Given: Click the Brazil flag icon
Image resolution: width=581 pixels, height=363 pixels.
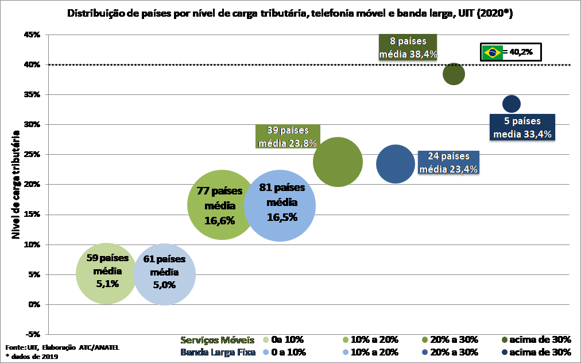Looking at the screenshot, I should point(491,52).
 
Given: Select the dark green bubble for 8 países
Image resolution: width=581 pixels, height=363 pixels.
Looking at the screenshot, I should point(454,74).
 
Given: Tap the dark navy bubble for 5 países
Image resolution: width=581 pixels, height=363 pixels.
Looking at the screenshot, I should point(511,104).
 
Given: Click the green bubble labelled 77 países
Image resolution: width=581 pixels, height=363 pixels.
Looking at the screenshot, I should point(222,205).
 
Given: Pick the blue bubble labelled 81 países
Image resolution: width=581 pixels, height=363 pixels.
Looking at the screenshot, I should point(280,205).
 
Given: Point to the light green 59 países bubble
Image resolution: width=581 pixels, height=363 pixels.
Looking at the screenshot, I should point(106,273).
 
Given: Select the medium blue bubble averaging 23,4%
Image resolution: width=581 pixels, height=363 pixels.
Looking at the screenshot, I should point(396,164).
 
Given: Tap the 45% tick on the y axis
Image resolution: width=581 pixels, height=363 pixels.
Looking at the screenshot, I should point(32,35).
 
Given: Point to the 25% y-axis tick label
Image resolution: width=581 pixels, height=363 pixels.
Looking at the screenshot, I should point(32,155).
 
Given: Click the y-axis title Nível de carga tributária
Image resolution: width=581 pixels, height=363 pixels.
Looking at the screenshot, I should point(16,184).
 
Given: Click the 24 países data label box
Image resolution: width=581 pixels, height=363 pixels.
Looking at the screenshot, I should point(448,162).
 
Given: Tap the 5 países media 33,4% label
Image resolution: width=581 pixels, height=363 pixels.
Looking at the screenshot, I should point(522,128).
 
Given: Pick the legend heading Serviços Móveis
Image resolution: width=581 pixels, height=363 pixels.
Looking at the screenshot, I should point(218,339).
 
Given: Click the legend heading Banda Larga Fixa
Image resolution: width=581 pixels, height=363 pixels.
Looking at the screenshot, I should point(218,352).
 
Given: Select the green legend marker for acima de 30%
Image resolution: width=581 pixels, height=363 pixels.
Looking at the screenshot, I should point(505,339).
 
